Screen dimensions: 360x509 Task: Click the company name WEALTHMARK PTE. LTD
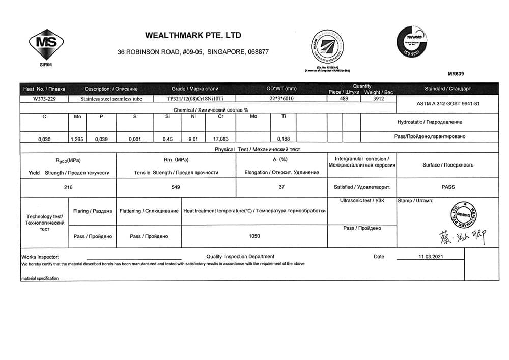pyautogui.click(x=193, y=36)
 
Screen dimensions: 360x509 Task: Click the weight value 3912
pyautogui.click(x=378, y=99)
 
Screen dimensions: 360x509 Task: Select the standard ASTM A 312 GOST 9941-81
pyautogui.click(x=444, y=103)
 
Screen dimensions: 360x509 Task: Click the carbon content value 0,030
pyautogui.click(x=44, y=138)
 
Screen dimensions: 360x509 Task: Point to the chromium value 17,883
pyautogui.click(x=220, y=138)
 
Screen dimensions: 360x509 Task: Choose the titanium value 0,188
pyautogui.click(x=284, y=138)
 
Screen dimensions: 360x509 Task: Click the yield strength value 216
pyautogui.click(x=68, y=187)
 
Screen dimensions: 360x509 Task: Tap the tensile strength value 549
pyautogui.click(x=176, y=187)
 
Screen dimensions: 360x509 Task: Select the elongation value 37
pyautogui.click(x=281, y=187)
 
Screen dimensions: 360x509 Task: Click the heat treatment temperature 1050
pyautogui.click(x=254, y=236)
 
